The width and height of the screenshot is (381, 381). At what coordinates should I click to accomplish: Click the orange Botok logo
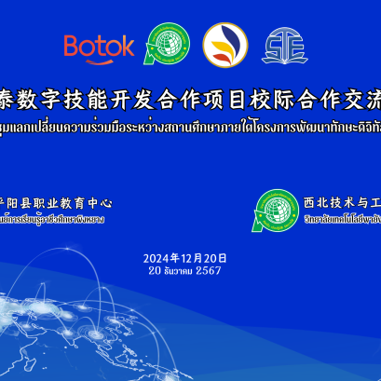(x=99, y=45)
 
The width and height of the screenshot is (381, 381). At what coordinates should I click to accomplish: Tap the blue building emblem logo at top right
(x=281, y=44)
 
